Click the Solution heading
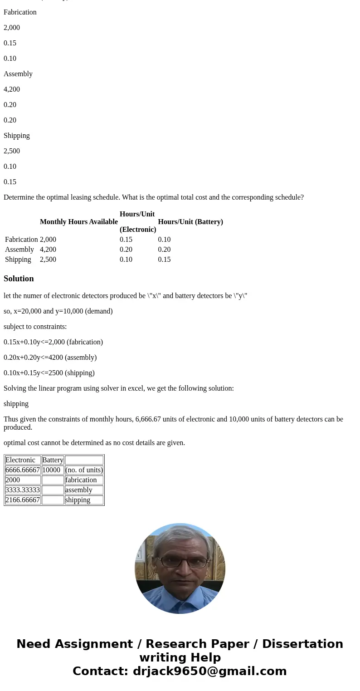click(19, 279)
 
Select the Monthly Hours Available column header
click(78, 222)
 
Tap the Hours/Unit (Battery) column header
click(190, 222)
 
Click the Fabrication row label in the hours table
click(21, 240)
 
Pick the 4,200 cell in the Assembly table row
click(48, 250)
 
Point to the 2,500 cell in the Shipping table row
click(48, 260)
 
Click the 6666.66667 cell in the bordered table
click(23, 470)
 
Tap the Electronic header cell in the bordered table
click(20, 460)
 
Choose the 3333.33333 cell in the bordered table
click(23, 490)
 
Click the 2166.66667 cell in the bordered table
click(23, 500)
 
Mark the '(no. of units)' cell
click(84, 470)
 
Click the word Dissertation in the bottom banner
click(302, 644)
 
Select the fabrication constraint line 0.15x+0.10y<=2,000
click(53, 342)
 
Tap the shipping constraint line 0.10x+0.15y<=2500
click(49, 373)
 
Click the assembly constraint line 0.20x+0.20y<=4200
click(50, 358)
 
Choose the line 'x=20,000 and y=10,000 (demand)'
click(58, 311)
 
